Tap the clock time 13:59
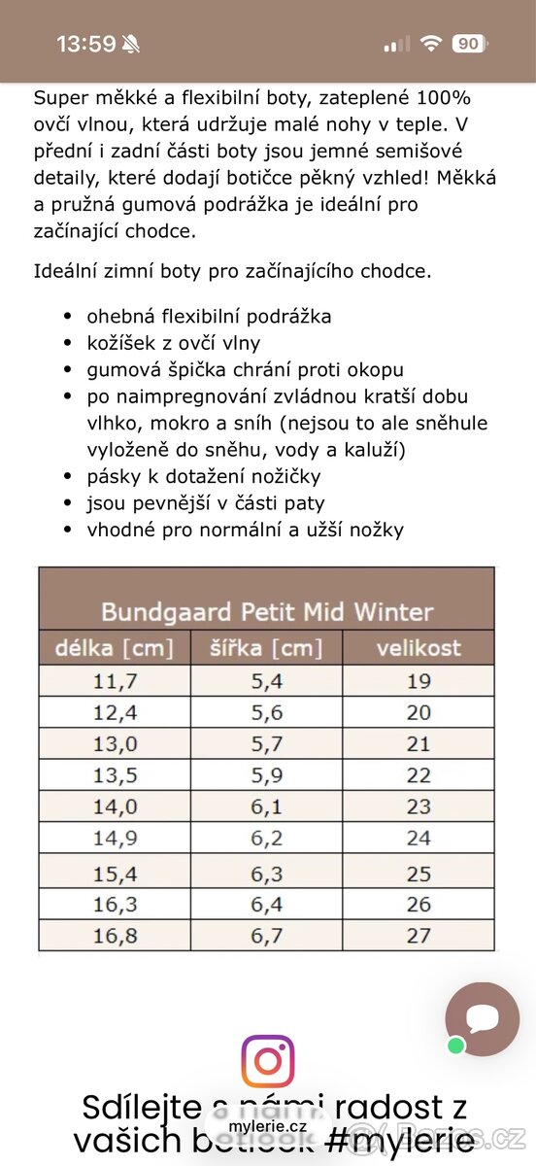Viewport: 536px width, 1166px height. [85, 44]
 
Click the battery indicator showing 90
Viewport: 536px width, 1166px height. [468, 44]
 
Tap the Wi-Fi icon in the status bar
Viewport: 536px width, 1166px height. [430, 44]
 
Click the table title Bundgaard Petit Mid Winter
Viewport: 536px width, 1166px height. [267, 612]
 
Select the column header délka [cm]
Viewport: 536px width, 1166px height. [115, 648]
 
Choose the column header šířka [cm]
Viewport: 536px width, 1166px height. [266, 648]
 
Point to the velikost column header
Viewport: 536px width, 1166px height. [419, 648]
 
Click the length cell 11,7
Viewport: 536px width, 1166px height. [115, 681]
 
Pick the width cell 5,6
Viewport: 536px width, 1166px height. [266, 712]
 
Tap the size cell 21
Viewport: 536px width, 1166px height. [419, 744]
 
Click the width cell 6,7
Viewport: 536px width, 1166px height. [266, 935]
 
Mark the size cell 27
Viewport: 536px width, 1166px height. [419, 935]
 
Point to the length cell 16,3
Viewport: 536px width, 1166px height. [115, 904]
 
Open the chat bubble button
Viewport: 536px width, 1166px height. [482, 1018]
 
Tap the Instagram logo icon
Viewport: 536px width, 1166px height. [268, 1061]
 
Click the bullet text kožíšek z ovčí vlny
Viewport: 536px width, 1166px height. [174, 343]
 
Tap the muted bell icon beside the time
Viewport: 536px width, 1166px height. [131, 44]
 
